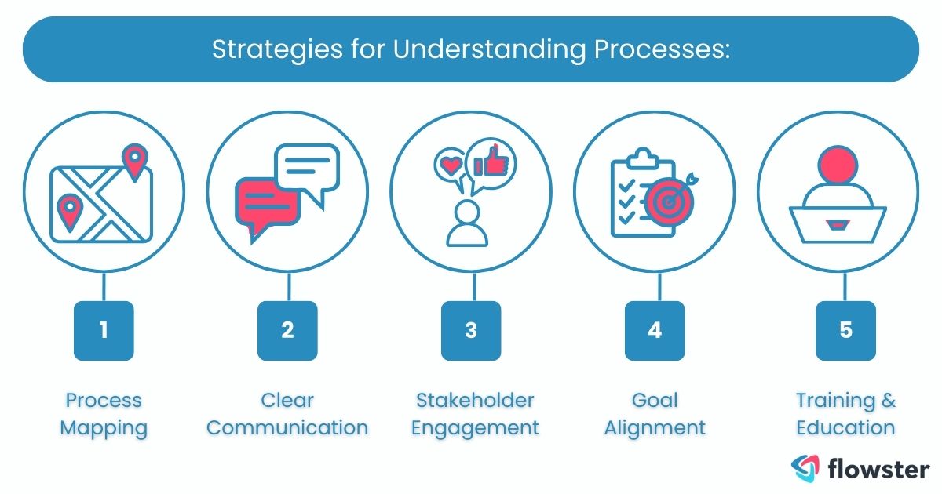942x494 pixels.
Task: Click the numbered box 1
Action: click(x=104, y=330)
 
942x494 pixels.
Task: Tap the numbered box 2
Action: click(x=287, y=330)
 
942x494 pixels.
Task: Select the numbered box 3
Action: click(x=471, y=330)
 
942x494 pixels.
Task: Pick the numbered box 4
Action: click(x=655, y=330)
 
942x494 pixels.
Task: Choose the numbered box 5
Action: click(x=845, y=330)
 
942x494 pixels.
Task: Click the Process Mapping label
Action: click(x=104, y=414)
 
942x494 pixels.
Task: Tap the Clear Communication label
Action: click(x=287, y=414)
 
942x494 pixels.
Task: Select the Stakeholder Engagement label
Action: click(x=476, y=414)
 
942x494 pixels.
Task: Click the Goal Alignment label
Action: click(x=655, y=414)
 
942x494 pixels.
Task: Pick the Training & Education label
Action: click(x=845, y=414)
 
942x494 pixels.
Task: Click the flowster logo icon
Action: click(x=805, y=467)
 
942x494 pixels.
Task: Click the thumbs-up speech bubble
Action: click(x=491, y=162)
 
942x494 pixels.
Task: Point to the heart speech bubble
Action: click(x=451, y=165)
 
